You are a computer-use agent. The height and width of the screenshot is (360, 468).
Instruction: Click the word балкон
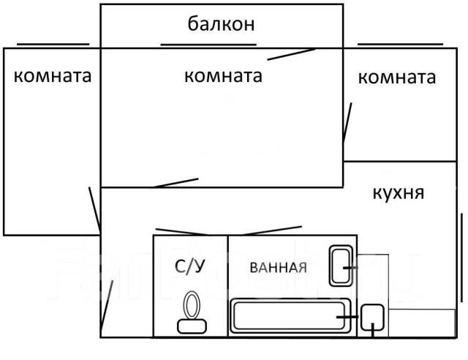[221, 25]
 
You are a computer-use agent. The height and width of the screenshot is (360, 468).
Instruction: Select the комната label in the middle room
[223, 75]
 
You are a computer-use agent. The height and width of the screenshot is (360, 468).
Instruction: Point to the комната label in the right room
[396, 78]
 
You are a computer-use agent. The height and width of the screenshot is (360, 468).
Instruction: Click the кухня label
[399, 193]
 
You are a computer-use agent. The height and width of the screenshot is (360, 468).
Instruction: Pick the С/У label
[189, 266]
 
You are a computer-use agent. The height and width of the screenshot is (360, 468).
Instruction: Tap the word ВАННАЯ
[278, 267]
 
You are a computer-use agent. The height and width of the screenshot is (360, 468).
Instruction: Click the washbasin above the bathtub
[341, 267]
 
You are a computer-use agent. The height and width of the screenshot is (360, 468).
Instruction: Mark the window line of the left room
[52, 43]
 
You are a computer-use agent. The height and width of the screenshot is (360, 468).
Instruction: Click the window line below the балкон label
[208, 45]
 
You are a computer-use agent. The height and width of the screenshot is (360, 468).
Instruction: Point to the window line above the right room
[401, 43]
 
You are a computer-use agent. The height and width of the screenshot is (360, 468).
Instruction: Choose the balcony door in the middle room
[291, 53]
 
